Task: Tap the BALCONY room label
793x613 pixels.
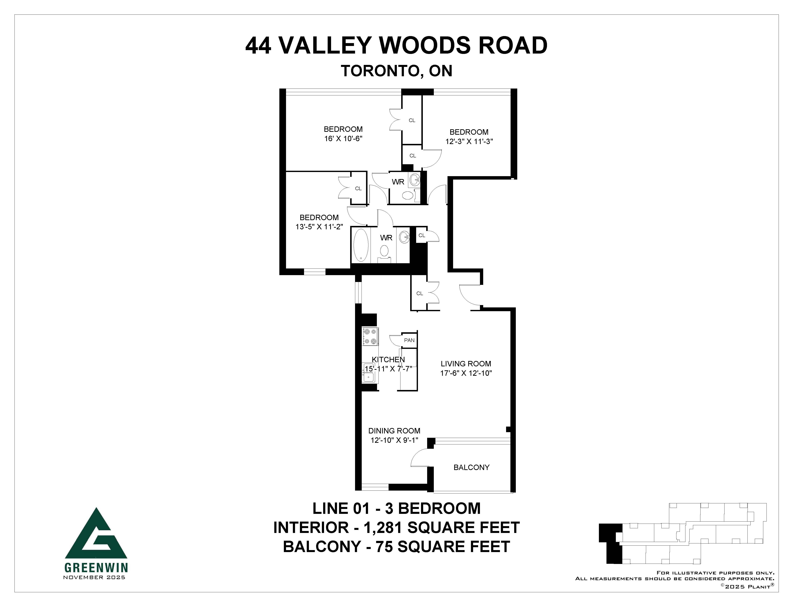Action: coord(471,467)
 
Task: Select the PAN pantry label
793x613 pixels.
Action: coord(409,340)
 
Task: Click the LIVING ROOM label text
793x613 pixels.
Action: coord(466,363)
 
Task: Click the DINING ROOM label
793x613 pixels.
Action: coord(394,431)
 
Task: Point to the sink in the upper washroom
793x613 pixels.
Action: coord(415,179)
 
